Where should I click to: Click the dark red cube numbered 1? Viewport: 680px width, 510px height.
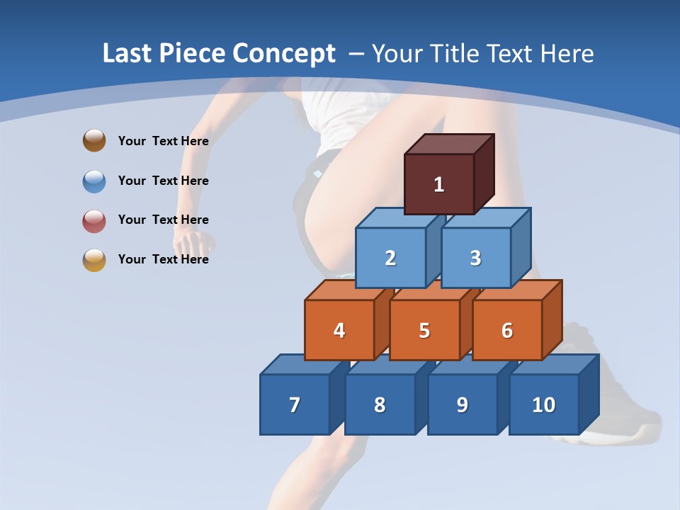[439, 184]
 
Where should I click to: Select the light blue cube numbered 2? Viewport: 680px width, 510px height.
[390, 258]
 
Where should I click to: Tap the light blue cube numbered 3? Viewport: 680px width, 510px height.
[475, 258]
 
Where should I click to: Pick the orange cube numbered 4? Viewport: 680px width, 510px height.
[339, 330]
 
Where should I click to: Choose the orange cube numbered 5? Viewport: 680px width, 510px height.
[424, 330]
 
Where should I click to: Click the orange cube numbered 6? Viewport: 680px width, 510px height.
[507, 330]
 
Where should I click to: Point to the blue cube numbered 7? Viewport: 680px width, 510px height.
[295, 404]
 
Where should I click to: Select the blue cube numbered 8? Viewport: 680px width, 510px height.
[380, 404]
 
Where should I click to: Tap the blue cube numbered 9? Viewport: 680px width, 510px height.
[462, 404]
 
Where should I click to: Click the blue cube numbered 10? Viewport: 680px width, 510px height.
[543, 404]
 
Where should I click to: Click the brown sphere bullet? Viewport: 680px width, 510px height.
[94, 140]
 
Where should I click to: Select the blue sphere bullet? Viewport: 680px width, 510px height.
[94, 181]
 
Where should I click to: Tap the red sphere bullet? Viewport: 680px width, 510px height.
[94, 220]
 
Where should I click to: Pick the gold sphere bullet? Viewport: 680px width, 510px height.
[94, 260]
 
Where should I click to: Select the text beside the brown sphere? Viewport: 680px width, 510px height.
[163, 141]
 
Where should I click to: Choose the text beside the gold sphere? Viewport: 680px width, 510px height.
[163, 259]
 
